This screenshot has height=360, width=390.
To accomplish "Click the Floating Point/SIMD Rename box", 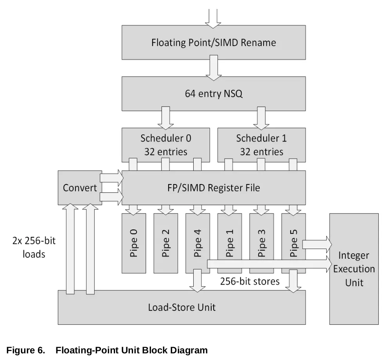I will [214, 42].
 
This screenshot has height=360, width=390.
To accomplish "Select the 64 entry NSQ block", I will [214, 94].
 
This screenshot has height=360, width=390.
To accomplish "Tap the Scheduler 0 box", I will [166, 145].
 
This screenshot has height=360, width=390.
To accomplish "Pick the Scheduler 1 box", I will [261, 145].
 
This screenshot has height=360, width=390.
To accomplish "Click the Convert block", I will [80, 188].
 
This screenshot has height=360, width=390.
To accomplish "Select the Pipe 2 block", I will [166, 243].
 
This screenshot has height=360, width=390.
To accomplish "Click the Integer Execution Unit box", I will [354, 269].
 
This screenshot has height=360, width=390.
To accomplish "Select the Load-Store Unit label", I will [182, 307].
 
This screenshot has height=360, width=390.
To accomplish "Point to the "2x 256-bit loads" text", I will [34, 247].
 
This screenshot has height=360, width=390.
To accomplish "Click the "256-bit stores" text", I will [250, 281].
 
